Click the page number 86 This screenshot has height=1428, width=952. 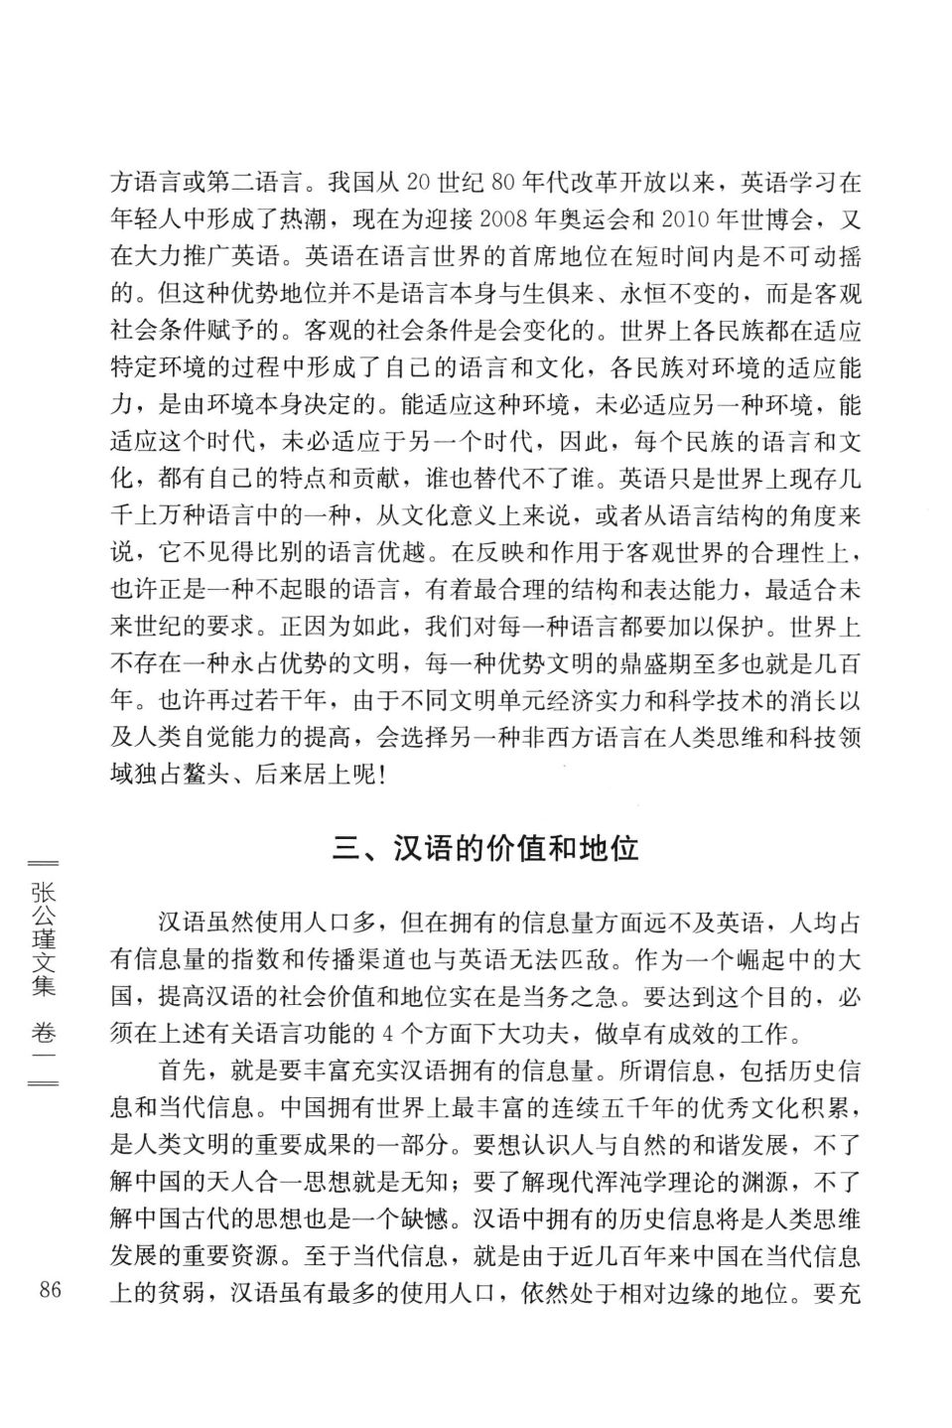[x=50, y=1291]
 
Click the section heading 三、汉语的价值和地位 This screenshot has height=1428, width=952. [x=486, y=849]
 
